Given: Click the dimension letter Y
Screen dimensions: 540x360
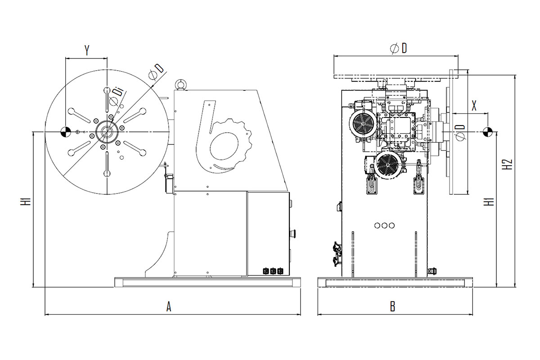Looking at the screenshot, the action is click(x=87, y=50).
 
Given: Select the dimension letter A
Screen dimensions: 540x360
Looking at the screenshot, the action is click(x=169, y=307).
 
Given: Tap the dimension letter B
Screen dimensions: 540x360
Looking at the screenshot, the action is click(x=393, y=307).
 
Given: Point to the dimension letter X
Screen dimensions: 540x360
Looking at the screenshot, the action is click(x=474, y=106).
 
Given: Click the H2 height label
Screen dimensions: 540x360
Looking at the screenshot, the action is click(x=508, y=164).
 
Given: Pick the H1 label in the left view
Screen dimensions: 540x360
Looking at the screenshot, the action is click(x=25, y=201).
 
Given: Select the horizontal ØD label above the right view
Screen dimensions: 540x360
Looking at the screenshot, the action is click(x=399, y=49).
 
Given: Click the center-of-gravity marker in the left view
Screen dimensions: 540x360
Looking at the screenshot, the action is click(x=65, y=132).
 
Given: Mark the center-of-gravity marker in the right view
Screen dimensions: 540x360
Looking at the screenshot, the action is click(x=488, y=132).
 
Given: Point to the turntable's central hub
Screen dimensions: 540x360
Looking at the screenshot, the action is click(x=107, y=132).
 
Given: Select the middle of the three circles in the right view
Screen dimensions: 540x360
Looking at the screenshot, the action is click(x=384, y=225).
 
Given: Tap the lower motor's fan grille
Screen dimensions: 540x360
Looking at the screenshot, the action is click(x=387, y=165).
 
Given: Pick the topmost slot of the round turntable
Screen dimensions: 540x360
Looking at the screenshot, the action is click(x=107, y=99).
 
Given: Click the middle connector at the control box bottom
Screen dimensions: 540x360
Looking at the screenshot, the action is click(x=273, y=271).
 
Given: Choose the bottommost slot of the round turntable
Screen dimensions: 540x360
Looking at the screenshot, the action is click(x=107, y=164).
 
